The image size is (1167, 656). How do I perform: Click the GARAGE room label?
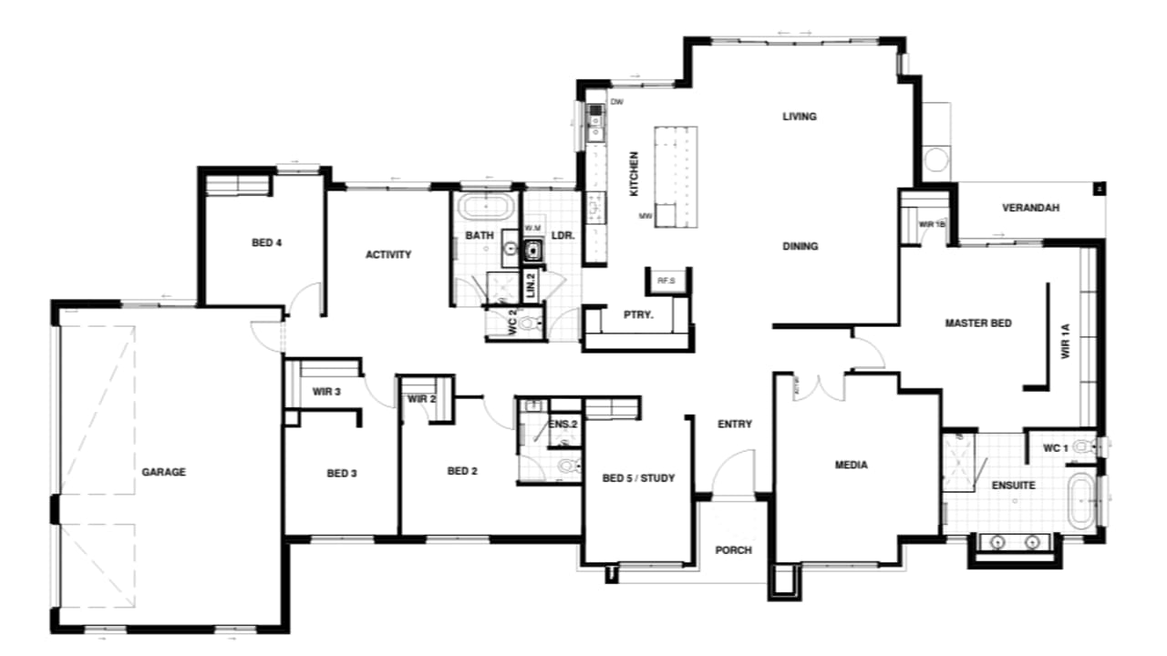[x=164, y=472]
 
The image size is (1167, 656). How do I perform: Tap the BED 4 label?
[x=266, y=242]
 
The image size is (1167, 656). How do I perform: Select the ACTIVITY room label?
[x=388, y=255]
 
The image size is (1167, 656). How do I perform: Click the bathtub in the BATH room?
[x=486, y=206]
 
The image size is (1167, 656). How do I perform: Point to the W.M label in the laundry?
[x=532, y=228]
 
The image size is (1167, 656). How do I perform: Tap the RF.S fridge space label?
[x=666, y=281]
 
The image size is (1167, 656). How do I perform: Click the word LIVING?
[x=799, y=117]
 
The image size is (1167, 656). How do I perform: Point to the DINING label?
[x=800, y=246]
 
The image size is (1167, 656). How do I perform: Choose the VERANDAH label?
[x=1031, y=208]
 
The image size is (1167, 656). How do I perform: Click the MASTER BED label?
[x=978, y=323]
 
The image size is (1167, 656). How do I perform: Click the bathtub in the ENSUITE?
[x=1079, y=500]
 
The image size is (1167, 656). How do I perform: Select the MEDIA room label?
[x=852, y=466]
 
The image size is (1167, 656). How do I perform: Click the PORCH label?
[x=732, y=549]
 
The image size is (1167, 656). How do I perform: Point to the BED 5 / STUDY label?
[x=639, y=477]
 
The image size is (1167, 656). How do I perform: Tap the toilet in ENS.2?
[x=567, y=467]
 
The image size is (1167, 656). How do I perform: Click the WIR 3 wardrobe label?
[x=326, y=393]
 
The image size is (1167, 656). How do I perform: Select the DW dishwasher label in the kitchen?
[x=616, y=102]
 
